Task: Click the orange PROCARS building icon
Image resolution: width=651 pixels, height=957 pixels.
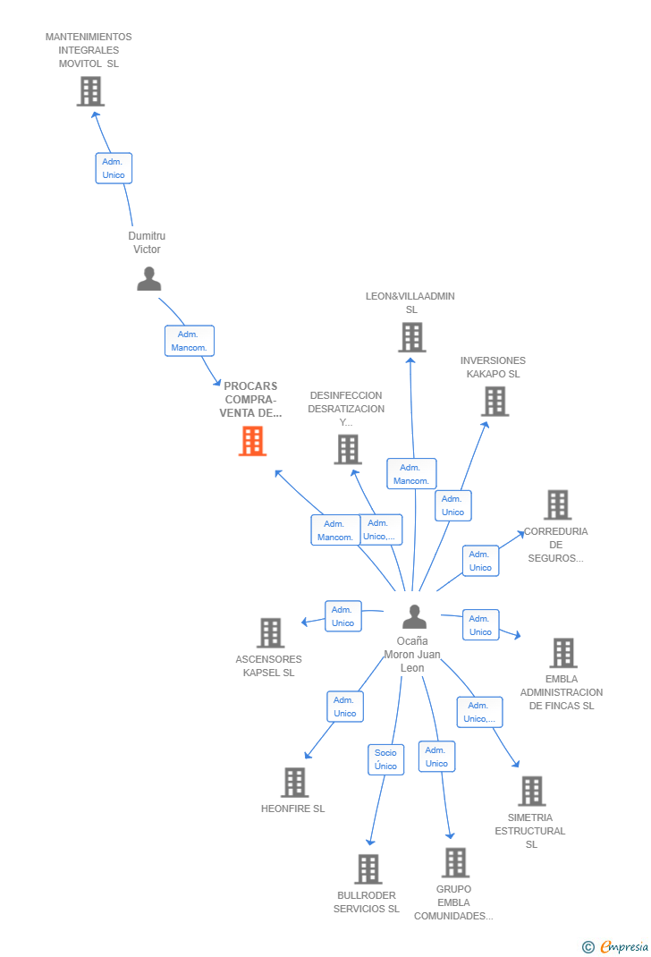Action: [x=252, y=441]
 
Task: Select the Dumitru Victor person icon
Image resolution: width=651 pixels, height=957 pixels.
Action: [x=148, y=279]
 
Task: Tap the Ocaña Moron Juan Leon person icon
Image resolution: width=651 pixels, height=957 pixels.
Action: [x=414, y=616]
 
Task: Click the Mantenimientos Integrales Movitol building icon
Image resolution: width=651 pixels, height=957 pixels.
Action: [x=90, y=91]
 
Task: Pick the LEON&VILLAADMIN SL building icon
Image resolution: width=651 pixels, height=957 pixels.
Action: [x=411, y=337]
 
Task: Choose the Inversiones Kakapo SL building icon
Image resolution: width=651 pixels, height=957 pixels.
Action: [x=495, y=402]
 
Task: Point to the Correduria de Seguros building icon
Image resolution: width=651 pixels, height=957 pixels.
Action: [x=557, y=504]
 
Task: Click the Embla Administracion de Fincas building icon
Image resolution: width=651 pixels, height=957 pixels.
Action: [x=562, y=653]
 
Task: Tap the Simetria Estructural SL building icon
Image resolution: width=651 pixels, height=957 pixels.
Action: [x=531, y=791]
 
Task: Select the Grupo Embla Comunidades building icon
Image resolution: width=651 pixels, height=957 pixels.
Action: [x=455, y=862]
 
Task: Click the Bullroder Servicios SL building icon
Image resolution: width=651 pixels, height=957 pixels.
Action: [x=368, y=868]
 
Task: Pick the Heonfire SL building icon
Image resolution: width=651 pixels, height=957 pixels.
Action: [x=294, y=782]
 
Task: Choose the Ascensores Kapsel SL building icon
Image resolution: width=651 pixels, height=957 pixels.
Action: [x=270, y=632]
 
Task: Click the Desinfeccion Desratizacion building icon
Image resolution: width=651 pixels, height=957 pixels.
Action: [x=347, y=449]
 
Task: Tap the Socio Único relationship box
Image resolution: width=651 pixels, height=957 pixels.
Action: [x=385, y=759]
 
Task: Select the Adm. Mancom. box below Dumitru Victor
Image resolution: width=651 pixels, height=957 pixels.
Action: [x=189, y=341]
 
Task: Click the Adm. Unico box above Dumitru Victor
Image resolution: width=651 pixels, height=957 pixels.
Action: [x=114, y=168]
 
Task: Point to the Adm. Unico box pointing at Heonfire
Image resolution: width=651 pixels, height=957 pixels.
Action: [x=344, y=707]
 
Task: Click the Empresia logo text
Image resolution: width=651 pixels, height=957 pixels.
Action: [x=623, y=946]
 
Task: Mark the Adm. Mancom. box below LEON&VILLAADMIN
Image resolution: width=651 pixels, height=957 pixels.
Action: [x=411, y=474]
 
